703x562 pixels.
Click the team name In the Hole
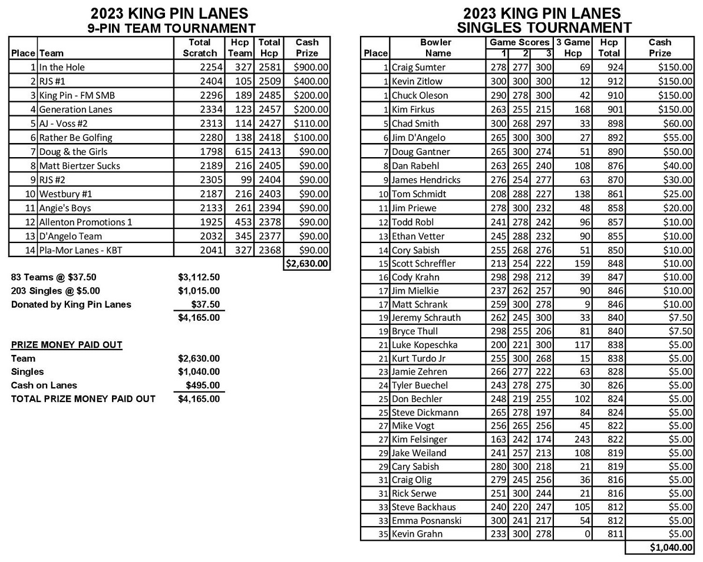point(62,67)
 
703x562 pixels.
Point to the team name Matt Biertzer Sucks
point(80,166)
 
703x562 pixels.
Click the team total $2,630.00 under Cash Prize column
point(307,264)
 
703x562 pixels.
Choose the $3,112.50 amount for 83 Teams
point(199,277)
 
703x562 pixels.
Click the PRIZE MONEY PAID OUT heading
point(67,345)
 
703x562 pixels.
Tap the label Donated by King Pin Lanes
point(71,304)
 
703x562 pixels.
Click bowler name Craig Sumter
point(418,67)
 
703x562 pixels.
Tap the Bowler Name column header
point(437,48)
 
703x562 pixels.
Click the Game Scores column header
point(519,42)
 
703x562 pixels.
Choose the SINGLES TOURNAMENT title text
point(544,28)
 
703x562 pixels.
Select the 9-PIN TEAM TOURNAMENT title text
point(171,28)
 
